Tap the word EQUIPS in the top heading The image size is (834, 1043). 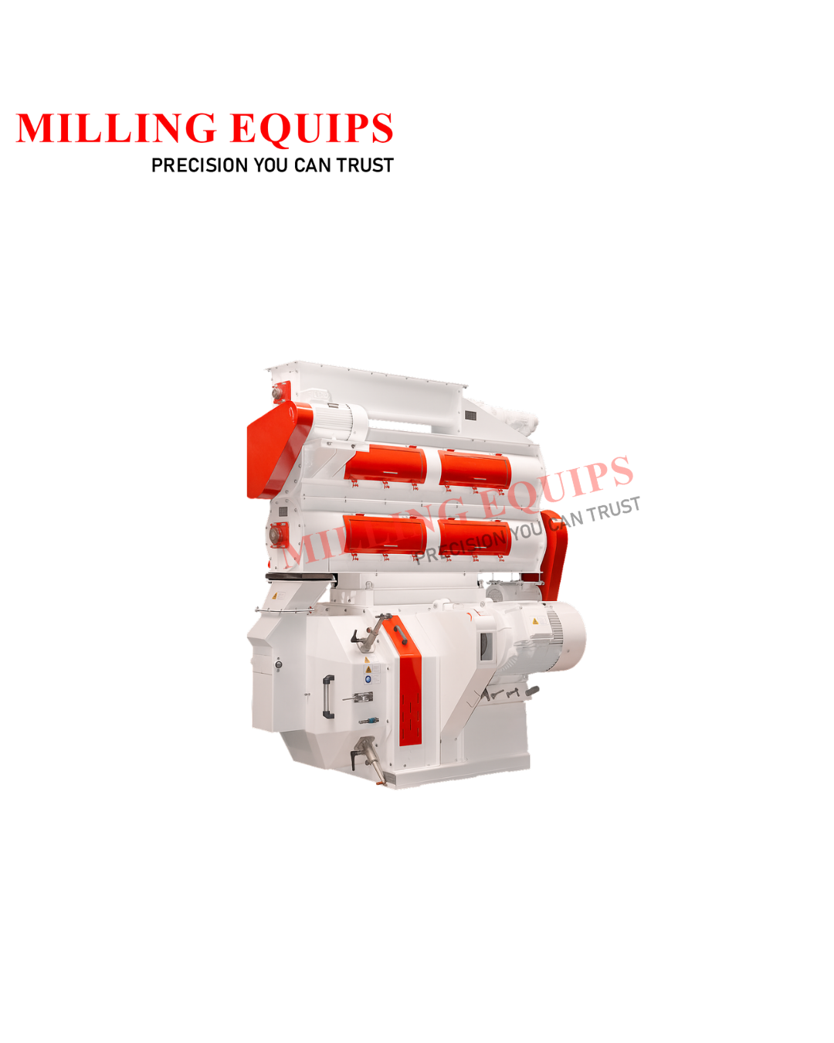pos(312,128)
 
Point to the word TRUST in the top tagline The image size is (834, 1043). pos(364,165)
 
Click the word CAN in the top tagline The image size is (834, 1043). pos(312,165)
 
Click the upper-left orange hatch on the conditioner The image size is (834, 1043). pos(385,465)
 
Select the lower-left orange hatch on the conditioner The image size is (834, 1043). pos(385,534)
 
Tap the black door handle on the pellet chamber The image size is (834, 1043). pos(328,697)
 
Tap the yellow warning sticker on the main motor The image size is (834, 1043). pos(535,621)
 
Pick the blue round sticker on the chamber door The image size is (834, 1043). pos(368,679)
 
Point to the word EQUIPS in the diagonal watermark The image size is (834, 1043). pos(556,486)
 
